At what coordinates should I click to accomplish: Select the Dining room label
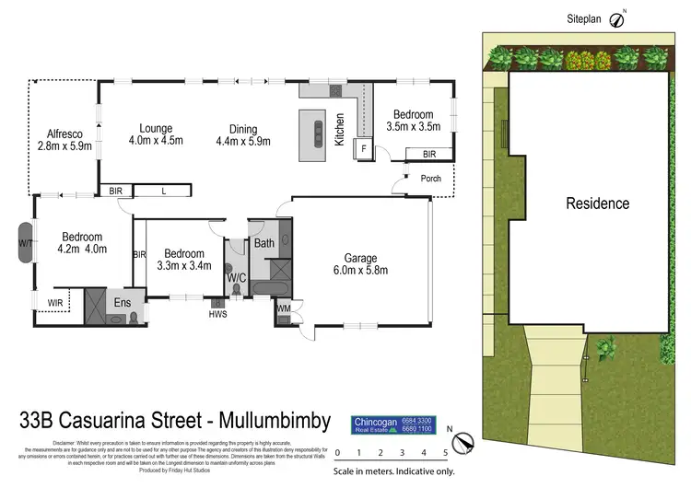point(237,129)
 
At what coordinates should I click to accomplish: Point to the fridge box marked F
point(364,147)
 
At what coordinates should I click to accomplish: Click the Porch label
point(431,179)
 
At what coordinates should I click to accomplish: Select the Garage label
point(361,258)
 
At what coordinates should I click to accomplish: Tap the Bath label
point(264,244)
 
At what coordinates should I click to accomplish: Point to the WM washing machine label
point(283,308)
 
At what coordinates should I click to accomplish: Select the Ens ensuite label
point(123,302)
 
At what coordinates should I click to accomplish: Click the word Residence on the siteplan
point(597,203)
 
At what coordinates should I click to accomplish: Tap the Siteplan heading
point(584,17)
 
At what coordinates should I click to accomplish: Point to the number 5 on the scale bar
point(446,452)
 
